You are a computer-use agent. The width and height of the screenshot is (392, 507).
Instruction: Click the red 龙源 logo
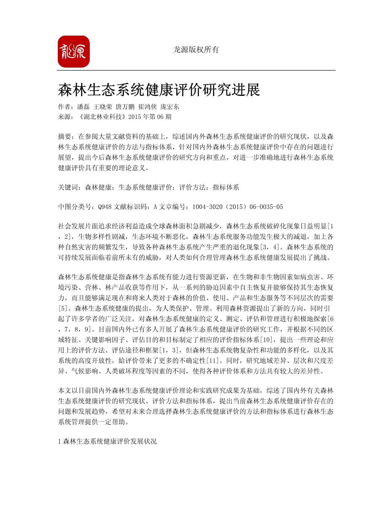(x=73, y=52)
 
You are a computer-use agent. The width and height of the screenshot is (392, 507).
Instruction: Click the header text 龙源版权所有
(x=196, y=49)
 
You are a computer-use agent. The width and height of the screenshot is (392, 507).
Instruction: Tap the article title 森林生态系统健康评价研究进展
(x=159, y=90)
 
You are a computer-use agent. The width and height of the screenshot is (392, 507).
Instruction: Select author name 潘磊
(x=83, y=107)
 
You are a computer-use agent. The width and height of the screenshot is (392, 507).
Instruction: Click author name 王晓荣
(x=103, y=107)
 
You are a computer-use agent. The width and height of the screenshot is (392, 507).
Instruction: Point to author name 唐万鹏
(x=125, y=107)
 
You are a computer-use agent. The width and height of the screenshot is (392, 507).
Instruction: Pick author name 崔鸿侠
(x=148, y=107)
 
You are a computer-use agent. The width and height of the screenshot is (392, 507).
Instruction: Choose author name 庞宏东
(x=170, y=107)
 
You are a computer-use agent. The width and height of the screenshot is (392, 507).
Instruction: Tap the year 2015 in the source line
(x=135, y=117)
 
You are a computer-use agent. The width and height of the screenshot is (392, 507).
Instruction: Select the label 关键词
(x=68, y=187)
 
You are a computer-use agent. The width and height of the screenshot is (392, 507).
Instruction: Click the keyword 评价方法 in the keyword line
(x=192, y=187)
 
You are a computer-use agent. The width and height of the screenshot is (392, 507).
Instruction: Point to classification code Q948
(x=105, y=207)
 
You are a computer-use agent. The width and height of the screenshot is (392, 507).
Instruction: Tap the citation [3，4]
(x=270, y=247)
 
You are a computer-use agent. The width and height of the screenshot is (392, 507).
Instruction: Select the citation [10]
(x=266, y=340)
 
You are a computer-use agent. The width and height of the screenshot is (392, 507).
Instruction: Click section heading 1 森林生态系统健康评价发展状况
(x=107, y=441)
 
